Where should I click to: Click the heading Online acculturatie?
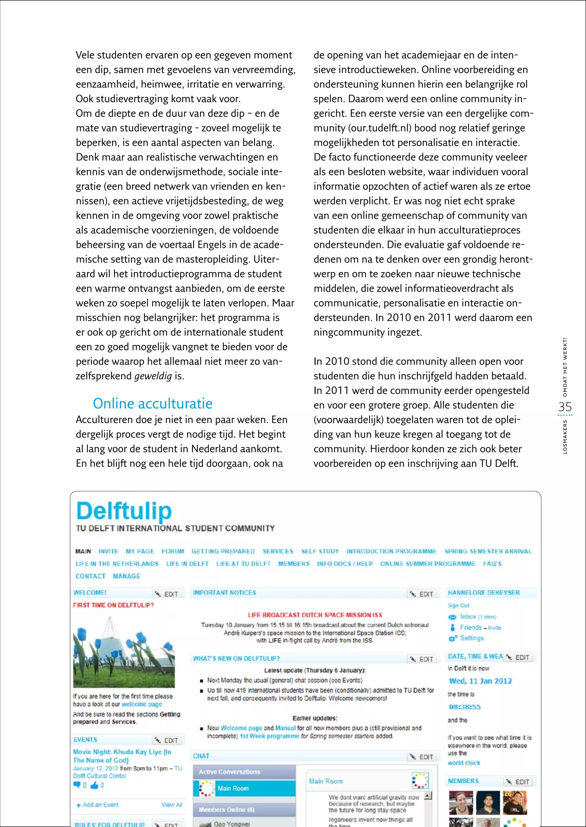click(x=153, y=403)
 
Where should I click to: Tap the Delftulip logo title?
click(x=124, y=511)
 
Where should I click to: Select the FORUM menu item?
click(x=173, y=551)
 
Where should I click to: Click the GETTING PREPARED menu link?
click(x=223, y=551)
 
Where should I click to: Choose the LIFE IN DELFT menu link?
click(x=187, y=564)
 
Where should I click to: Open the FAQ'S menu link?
click(x=492, y=564)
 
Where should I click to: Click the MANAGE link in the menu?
click(x=126, y=576)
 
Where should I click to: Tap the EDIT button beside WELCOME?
click(x=167, y=594)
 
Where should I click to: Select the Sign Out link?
click(x=458, y=605)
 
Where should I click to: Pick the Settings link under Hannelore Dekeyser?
click(x=471, y=638)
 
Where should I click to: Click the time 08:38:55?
click(x=464, y=707)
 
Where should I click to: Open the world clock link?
click(x=464, y=763)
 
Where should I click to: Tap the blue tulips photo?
click(x=124, y=652)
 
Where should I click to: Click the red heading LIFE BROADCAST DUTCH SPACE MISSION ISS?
click(x=315, y=615)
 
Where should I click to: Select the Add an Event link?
click(x=100, y=805)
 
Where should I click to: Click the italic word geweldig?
click(x=153, y=376)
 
